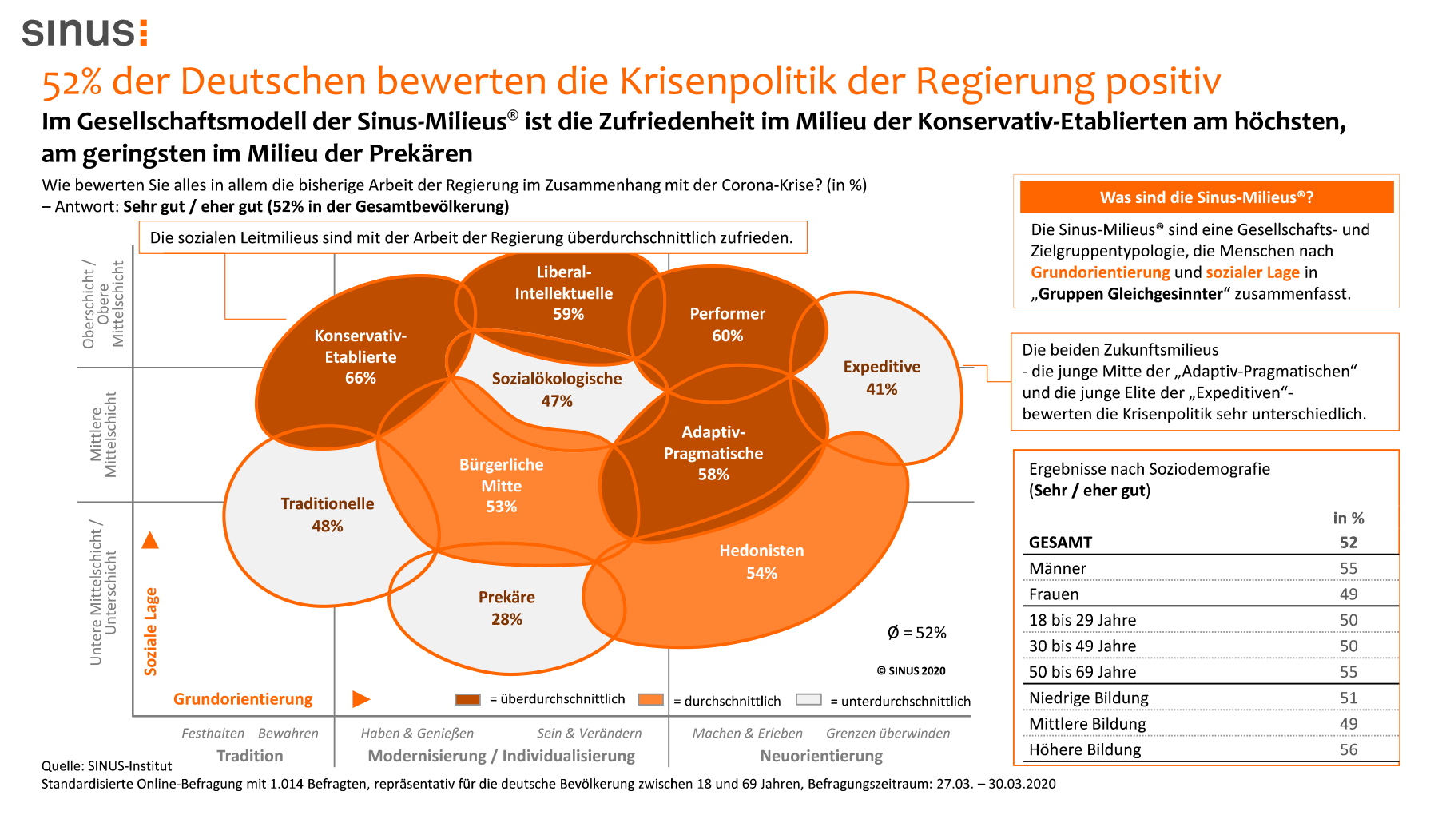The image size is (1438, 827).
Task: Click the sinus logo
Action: [85, 32]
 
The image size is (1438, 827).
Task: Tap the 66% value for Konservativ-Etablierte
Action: [360, 378]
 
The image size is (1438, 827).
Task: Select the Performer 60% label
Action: [727, 324]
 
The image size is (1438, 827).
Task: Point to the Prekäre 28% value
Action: [506, 619]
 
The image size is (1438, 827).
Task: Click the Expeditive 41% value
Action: [881, 389]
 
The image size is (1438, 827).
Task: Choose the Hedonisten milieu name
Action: [761, 551]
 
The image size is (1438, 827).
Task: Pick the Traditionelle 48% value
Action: [327, 526]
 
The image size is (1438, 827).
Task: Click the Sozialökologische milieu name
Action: [556, 379]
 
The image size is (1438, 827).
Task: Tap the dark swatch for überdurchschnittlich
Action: [467, 699]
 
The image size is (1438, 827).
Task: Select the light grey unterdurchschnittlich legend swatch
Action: [808, 699]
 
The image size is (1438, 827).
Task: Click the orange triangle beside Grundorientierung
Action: [361, 699]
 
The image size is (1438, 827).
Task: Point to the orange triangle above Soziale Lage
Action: [150, 541]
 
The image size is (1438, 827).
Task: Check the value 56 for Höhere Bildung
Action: [1348, 749]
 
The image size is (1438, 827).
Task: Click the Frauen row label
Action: [1054, 594]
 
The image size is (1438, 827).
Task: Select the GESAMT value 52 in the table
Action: [1349, 543]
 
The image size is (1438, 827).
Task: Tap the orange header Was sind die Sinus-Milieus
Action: [1206, 197]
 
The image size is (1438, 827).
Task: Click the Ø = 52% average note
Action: [916, 633]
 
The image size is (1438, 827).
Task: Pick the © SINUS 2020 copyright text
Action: [911, 671]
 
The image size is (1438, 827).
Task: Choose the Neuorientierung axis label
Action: [821, 756]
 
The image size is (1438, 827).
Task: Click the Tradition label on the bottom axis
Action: [249, 756]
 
